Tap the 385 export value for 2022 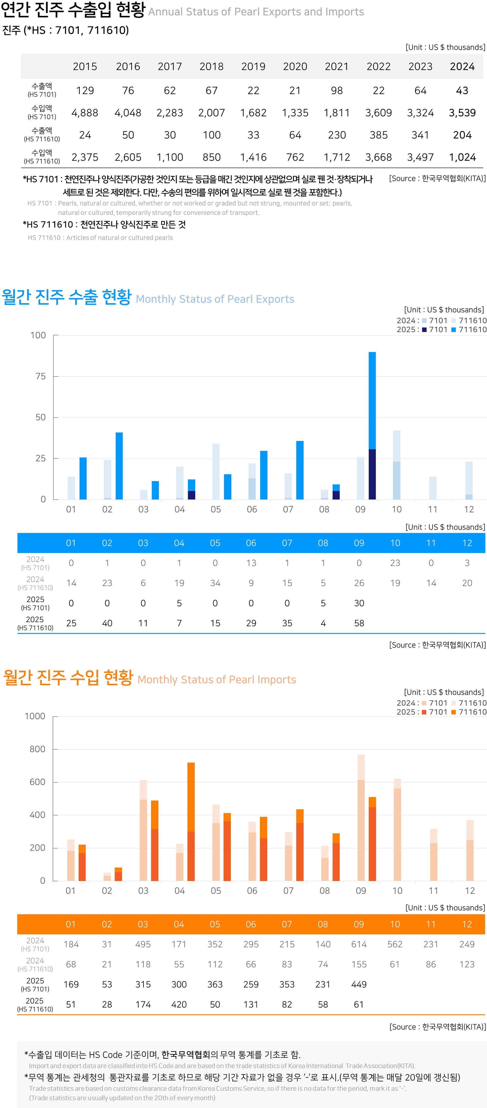coord(379,135)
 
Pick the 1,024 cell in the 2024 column coord(462,157)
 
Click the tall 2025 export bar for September coord(372,426)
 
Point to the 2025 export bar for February coord(119,466)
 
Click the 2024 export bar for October coord(397,465)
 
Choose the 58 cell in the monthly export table coord(359,623)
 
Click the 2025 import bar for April coord(191,821)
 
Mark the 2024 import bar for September coord(361,817)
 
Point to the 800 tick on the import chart coord(38,749)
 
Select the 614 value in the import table coord(359,944)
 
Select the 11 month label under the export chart coord(432,510)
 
